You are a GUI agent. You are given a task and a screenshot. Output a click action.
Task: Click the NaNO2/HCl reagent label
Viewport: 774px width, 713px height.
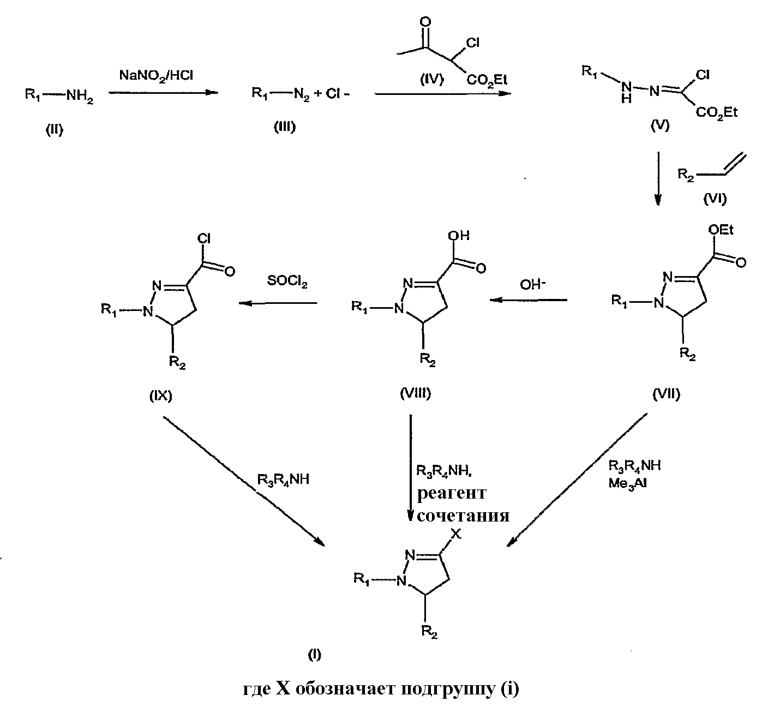coord(156,76)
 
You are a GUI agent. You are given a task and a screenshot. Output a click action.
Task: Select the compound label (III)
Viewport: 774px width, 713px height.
coord(285,127)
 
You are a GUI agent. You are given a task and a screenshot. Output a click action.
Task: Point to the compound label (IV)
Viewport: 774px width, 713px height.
coord(432,80)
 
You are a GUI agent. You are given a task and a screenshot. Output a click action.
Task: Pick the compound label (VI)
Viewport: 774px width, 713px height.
coord(715,199)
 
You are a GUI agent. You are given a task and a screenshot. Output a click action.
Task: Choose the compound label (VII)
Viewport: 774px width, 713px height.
coord(667,394)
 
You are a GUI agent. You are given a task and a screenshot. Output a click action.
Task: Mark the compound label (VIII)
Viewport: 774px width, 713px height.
coord(416,393)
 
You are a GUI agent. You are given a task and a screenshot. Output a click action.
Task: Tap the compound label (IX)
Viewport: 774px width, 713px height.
coord(161,396)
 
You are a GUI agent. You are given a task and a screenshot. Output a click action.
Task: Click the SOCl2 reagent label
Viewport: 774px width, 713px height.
coord(287,281)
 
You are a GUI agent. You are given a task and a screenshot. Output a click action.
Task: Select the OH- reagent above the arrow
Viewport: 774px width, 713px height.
coord(533,285)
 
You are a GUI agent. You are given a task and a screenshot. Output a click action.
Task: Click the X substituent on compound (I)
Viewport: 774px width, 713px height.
coord(456,534)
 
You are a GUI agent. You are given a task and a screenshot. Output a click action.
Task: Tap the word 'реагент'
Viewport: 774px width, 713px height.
coord(452,494)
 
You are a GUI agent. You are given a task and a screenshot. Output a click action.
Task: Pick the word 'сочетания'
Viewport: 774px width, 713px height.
coord(464,516)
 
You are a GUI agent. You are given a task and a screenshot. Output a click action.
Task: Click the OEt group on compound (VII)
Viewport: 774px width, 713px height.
coord(721,230)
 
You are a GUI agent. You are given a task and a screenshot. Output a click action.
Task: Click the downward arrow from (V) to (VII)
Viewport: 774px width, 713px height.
coord(658,178)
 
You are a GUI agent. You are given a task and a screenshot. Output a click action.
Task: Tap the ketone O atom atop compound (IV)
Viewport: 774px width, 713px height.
coord(425,22)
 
